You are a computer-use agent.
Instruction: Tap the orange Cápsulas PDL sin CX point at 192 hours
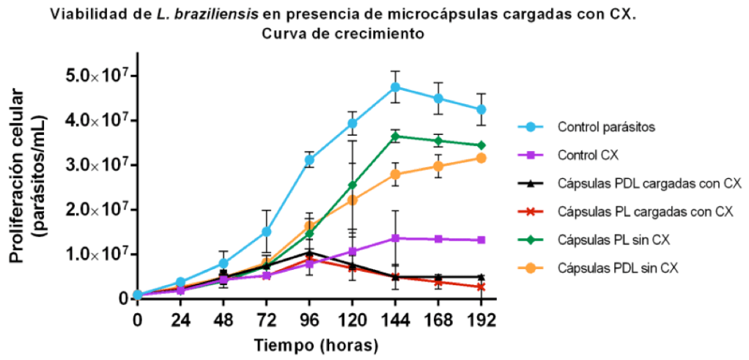[481, 158]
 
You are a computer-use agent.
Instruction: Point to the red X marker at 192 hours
[481, 287]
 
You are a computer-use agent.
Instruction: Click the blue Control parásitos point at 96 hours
[309, 159]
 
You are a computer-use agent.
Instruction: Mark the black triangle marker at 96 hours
[309, 253]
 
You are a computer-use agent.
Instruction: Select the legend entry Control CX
[586, 155]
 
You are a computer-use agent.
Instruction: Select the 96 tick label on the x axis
[309, 320]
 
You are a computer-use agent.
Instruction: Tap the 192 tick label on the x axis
[481, 320]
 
